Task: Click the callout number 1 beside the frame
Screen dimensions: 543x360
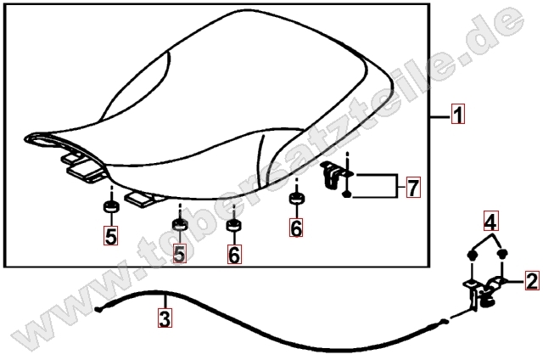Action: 458,114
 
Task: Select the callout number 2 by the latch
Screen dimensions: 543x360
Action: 532,280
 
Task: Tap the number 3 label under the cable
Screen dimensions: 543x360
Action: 165,318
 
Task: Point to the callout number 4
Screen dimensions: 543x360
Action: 490,221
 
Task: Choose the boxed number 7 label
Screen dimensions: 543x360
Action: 413,187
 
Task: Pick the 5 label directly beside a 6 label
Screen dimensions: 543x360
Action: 179,253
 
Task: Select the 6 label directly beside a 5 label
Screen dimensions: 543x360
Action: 234,254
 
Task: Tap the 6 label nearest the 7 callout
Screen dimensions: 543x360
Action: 296,228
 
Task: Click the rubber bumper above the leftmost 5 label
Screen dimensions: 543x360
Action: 111,206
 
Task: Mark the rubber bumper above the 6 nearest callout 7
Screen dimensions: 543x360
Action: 297,199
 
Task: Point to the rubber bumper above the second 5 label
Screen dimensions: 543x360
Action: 180,225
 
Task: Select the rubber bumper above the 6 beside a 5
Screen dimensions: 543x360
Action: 234,225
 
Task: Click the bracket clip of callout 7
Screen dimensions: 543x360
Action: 333,175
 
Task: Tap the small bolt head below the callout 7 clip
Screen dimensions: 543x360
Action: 347,194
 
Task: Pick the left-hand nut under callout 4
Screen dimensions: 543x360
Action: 472,256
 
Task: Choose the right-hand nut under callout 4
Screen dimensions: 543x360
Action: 501,255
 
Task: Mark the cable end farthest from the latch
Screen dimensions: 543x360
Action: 98,310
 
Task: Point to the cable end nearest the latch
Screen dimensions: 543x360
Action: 445,322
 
